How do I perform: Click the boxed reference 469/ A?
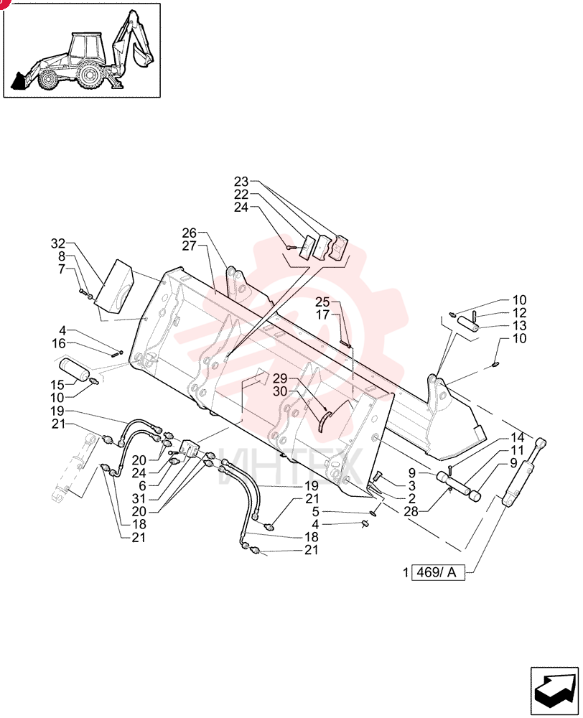[438, 572]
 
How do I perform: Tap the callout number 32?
[58, 243]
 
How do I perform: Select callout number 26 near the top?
[189, 233]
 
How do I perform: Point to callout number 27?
[189, 246]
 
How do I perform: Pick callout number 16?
[59, 343]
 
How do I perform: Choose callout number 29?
[280, 378]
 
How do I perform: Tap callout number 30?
[280, 391]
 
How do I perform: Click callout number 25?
[322, 302]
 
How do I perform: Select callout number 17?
[322, 315]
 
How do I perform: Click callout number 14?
[517, 437]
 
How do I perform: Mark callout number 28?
[411, 511]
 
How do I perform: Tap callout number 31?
[139, 499]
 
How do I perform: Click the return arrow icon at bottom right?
[554, 691]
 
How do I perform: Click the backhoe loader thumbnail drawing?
[82, 50]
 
